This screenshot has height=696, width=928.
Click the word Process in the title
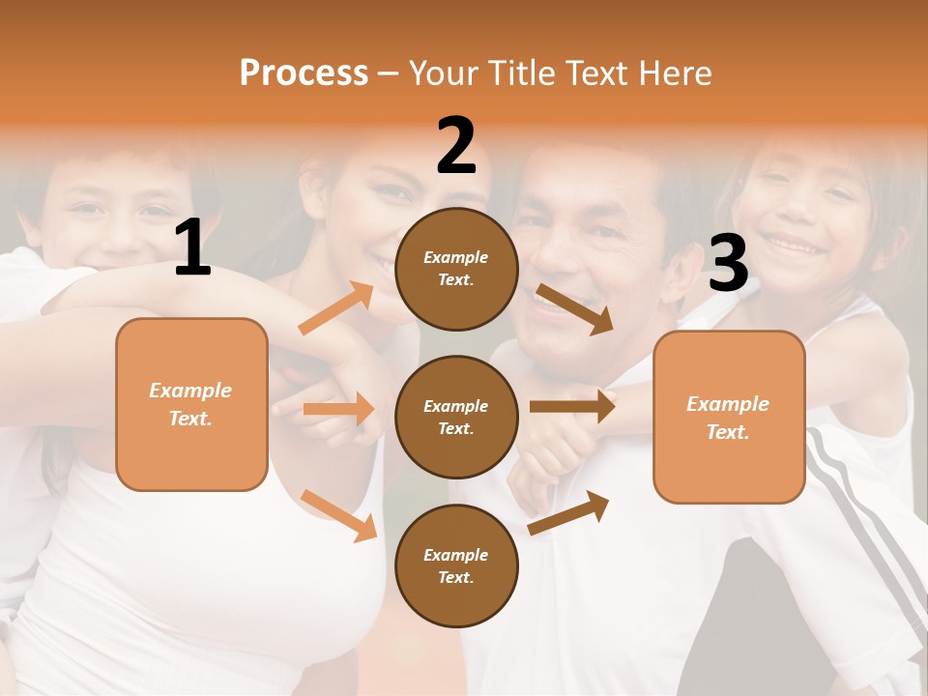click(304, 73)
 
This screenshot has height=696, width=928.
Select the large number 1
click(192, 247)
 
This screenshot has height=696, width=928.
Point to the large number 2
click(456, 146)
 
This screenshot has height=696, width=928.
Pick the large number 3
click(729, 263)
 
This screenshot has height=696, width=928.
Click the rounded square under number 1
click(191, 404)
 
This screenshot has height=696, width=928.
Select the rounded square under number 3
click(729, 418)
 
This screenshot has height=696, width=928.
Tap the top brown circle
click(456, 269)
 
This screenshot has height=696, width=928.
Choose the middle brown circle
click(456, 417)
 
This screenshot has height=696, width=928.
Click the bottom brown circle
click(456, 565)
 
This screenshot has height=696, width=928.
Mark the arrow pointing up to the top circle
click(336, 308)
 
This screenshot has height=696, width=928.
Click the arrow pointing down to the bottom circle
click(339, 515)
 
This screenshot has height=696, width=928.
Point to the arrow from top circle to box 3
click(574, 308)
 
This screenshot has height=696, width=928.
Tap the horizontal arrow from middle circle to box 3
click(572, 407)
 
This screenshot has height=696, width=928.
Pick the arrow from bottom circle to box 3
click(568, 512)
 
